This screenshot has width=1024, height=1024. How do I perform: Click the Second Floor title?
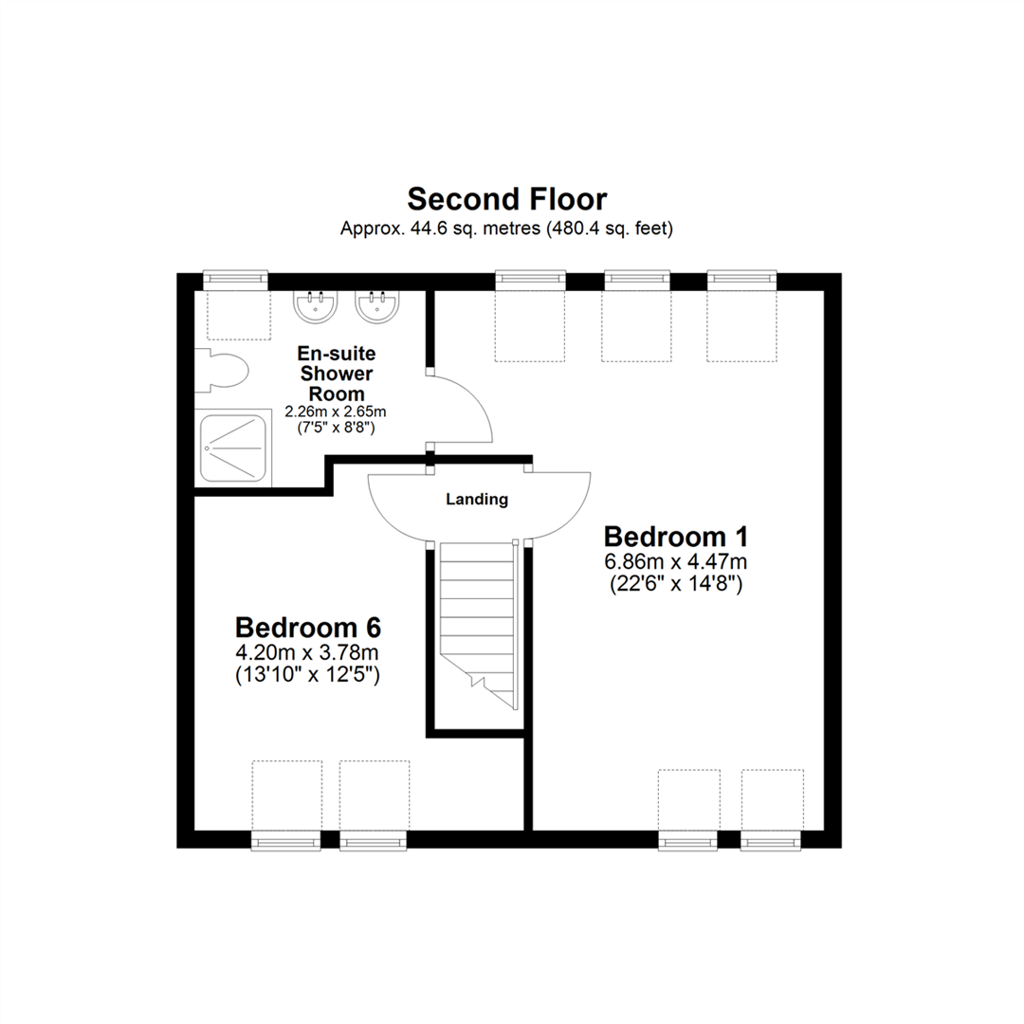coord(506,199)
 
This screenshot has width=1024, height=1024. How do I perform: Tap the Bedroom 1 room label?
coord(676,537)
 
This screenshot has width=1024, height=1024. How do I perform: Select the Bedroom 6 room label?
coord(308,628)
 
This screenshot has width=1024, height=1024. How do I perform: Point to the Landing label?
coord(477,500)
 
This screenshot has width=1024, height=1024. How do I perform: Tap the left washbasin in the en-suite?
coord(313,305)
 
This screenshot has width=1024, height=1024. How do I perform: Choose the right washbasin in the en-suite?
coord(376,305)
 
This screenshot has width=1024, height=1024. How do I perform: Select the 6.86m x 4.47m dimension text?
coord(676,561)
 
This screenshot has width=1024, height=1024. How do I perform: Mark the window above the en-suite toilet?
coord(236,279)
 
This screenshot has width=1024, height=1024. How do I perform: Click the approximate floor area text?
coord(506,229)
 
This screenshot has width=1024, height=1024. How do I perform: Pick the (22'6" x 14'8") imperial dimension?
coord(676,585)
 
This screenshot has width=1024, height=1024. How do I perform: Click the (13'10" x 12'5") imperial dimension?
coord(308,675)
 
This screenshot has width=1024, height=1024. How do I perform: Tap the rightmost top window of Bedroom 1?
coord(742,279)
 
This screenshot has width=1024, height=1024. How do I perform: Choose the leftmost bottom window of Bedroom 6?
coord(286,840)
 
